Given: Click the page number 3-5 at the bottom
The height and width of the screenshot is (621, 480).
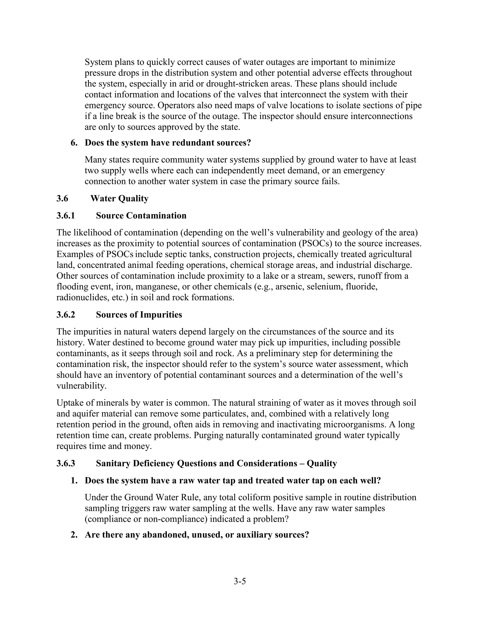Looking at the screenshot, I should coord(240,581).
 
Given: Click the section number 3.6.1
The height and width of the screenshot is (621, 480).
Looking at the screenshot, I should coord(66,216).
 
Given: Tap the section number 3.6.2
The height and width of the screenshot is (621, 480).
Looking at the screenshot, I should coord(66,315).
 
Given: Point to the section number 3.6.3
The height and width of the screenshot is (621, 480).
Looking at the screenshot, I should coord(66,464).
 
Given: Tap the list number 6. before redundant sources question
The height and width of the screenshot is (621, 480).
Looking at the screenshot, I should coord(74,143).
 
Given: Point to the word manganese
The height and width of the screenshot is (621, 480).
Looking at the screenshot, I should coord(156,287).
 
